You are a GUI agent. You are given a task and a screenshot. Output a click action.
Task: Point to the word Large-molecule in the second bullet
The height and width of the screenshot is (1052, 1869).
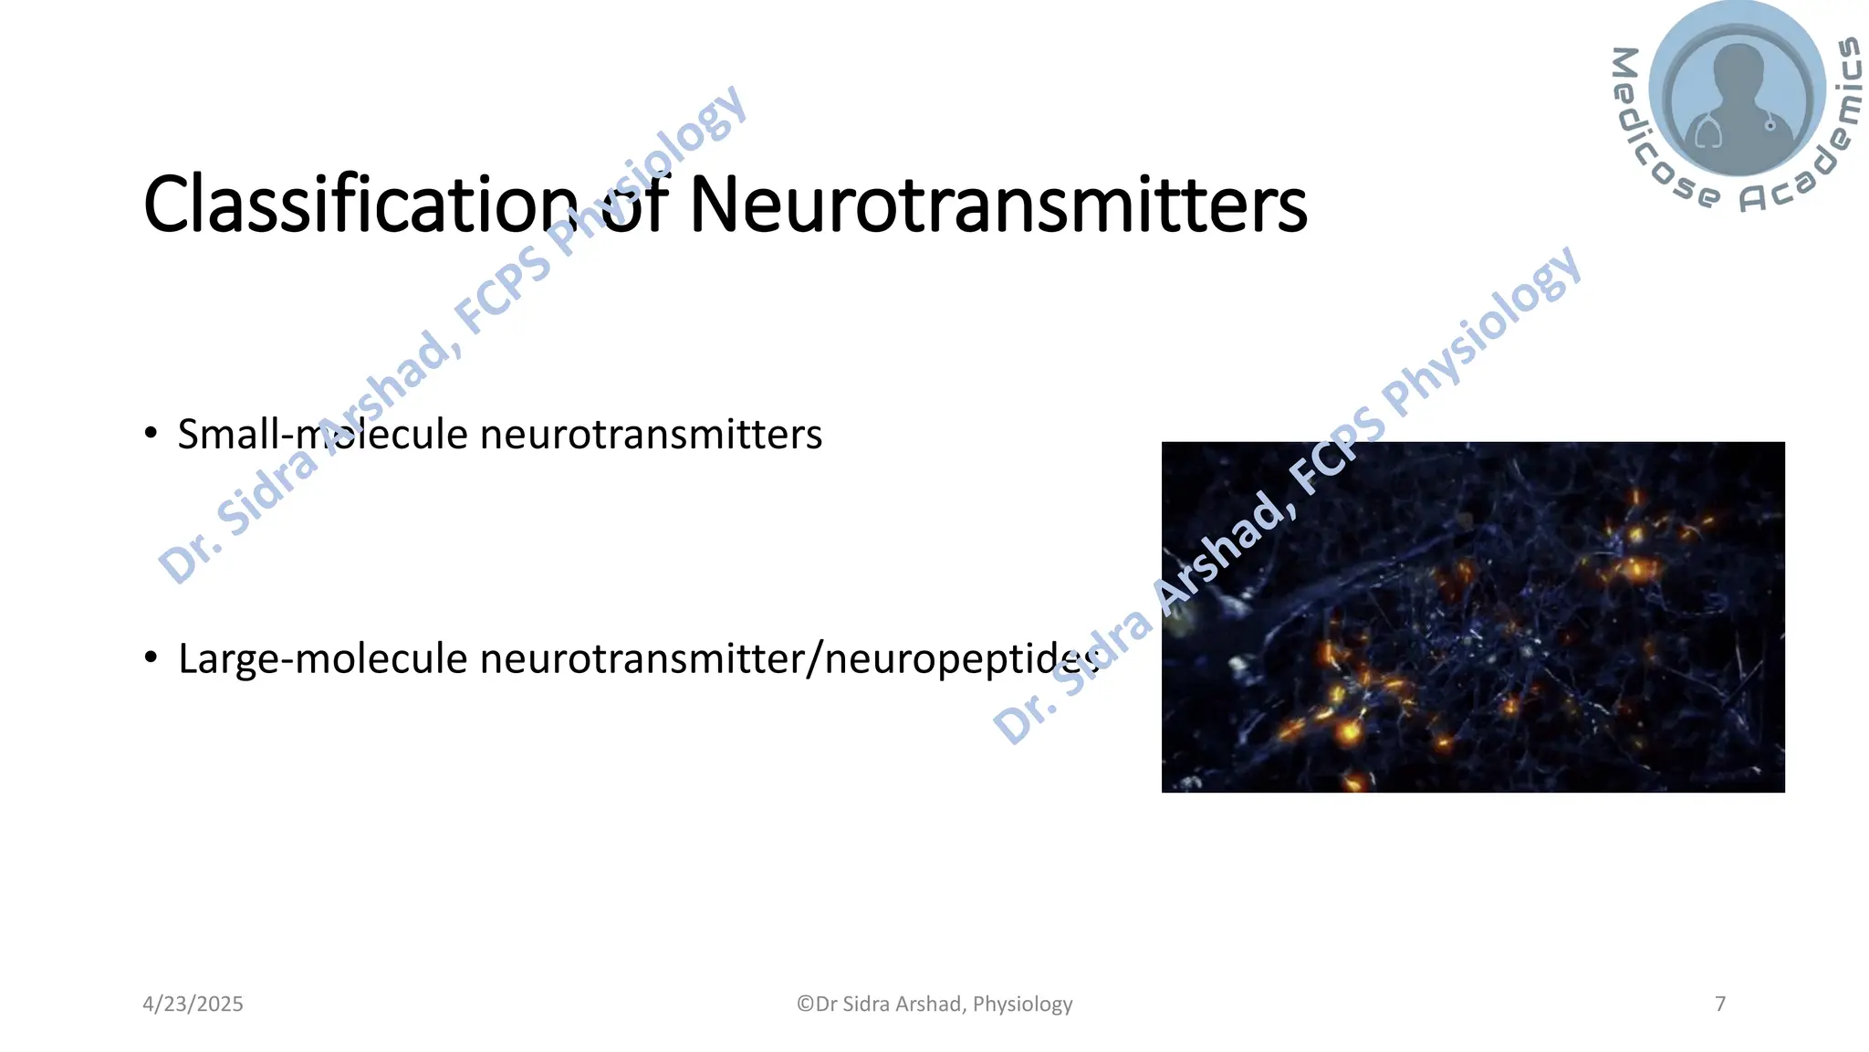[x=322, y=659]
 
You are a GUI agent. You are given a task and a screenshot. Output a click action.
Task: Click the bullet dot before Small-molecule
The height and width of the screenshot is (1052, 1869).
[x=151, y=433]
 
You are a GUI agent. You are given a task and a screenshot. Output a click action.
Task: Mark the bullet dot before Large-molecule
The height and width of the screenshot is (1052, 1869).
[x=151, y=657]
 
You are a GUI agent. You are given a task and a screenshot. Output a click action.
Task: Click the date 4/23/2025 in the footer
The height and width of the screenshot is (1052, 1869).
[x=193, y=1005]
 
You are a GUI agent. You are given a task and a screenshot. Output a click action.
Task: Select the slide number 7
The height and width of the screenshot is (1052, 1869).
[x=1720, y=1005]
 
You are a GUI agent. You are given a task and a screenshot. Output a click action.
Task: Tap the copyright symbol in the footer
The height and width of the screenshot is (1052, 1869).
[x=805, y=1005]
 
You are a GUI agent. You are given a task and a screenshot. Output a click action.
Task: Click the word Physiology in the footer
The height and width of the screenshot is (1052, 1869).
[x=1022, y=1005]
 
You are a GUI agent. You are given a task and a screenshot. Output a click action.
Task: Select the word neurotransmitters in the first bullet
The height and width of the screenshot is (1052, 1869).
[x=651, y=435]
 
